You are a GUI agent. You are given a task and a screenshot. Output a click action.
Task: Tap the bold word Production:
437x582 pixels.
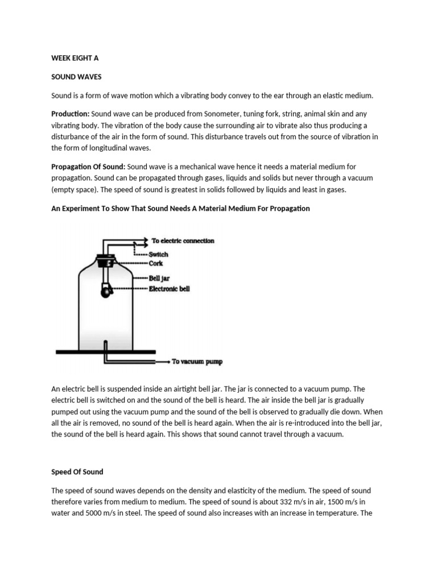(x=70, y=113)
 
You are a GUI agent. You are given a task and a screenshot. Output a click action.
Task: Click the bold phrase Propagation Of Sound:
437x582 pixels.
(x=88, y=167)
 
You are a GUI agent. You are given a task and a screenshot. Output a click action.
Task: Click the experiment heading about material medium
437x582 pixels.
(x=180, y=209)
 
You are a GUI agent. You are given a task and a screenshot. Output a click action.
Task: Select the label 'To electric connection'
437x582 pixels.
(x=183, y=241)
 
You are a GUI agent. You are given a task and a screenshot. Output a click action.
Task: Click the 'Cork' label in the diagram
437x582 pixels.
(x=156, y=263)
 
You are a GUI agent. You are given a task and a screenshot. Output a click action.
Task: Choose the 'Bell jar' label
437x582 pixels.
(x=160, y=279)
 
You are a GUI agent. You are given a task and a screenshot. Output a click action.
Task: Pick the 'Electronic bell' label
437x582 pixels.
(x=169, y=289)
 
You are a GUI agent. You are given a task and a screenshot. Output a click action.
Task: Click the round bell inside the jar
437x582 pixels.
(x=105, y=292)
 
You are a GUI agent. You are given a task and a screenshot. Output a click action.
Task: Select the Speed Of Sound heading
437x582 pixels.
(x=77, y=472)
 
